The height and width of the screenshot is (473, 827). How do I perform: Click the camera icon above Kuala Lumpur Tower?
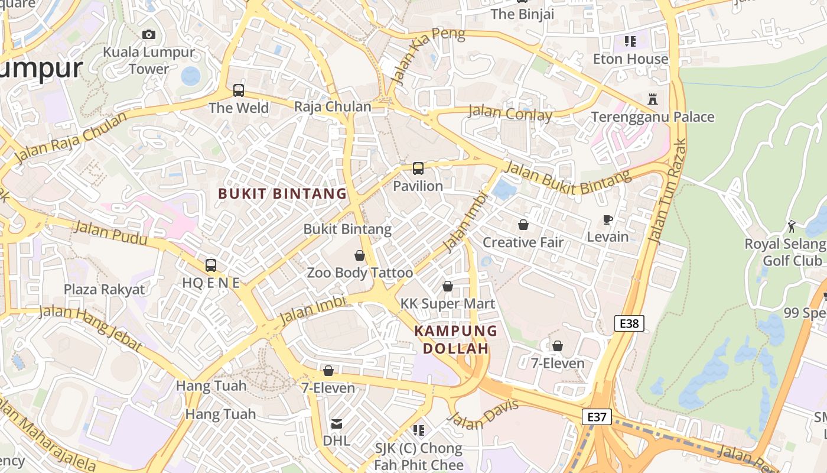click(149, 34)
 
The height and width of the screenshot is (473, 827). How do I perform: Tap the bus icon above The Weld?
click(239, 90)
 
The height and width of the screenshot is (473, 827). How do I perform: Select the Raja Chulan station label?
click(333, 107)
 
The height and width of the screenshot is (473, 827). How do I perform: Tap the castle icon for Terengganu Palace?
click(653, 99)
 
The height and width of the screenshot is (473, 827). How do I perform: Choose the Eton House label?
click(631, 59)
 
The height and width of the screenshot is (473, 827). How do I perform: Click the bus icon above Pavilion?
click(418, 169)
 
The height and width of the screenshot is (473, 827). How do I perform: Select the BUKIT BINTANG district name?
click(282, 193)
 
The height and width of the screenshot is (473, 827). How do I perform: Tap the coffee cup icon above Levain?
click(608, 220)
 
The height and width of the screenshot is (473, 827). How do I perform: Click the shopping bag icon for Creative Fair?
click(523, 225)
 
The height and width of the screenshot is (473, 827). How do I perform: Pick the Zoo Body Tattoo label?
click(360, 273)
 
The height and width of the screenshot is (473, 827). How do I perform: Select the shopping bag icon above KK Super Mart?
click(448, 286)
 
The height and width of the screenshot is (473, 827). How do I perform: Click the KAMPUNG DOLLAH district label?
click(456, 339)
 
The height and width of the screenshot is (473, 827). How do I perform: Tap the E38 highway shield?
click(629, 323)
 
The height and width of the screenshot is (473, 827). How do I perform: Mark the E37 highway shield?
click(597, 417)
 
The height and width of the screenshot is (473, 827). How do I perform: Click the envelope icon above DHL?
click(337, 423)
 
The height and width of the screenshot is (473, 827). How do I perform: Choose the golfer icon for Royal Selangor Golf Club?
click(792, 226)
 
